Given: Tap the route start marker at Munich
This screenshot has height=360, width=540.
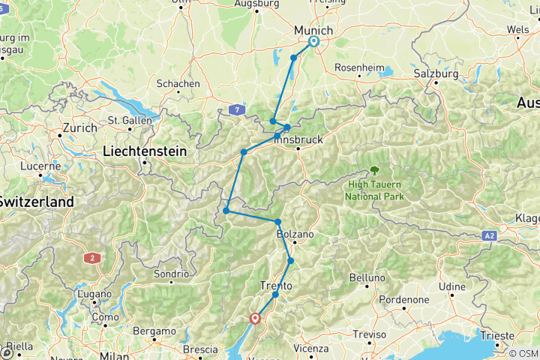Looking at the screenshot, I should pyautogui.click(x=313, y=42).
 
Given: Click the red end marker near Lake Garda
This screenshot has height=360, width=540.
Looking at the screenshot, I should pyautogui.click(x=256, y=318).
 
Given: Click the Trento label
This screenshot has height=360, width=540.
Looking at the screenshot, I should pyautogui.click(x=275, y=285).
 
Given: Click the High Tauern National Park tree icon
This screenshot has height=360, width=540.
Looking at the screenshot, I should pyautogui.click(x=373, y=170).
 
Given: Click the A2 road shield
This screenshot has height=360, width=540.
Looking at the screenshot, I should pyautogui.click(x=490, y=235).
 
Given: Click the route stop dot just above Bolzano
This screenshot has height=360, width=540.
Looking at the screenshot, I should pyautogui.click(x=278, y=222).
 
